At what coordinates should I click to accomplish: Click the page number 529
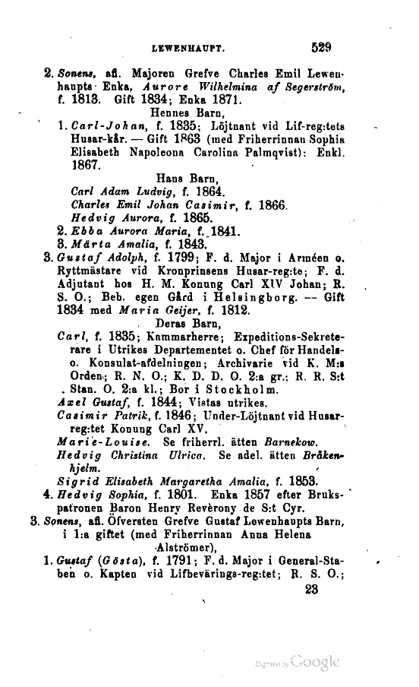(x=322, y=47)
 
